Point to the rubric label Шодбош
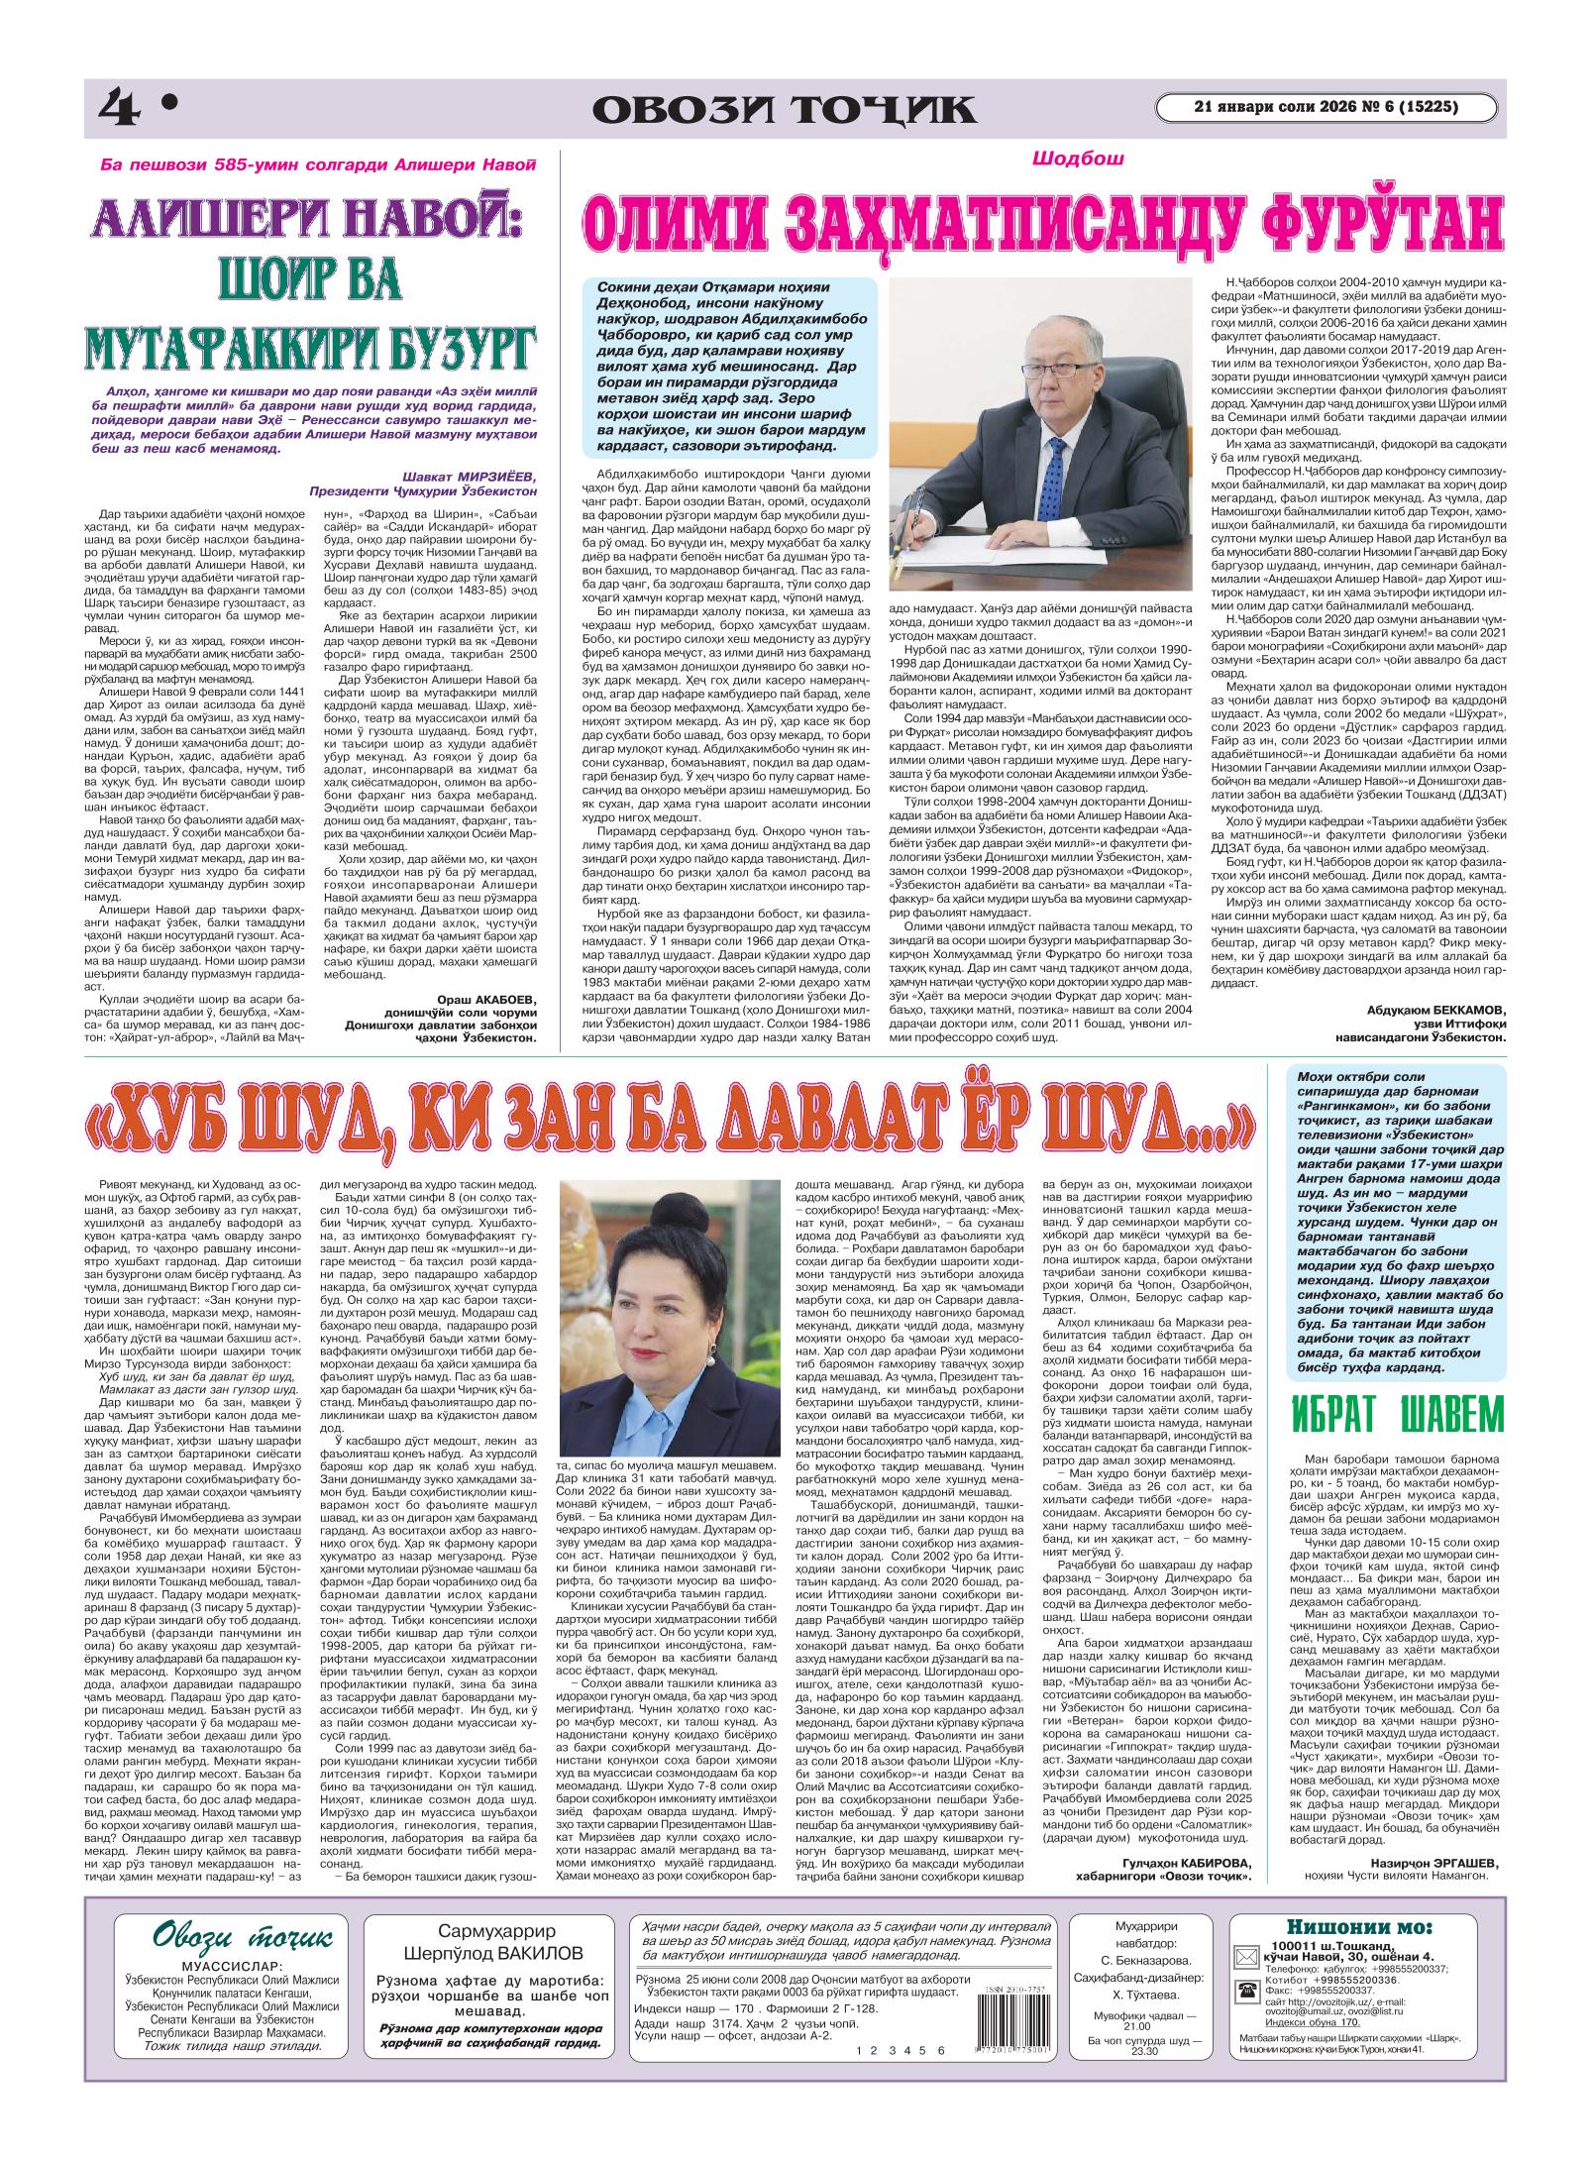tap(1066, 158)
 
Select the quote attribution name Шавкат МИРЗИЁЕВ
tap(473, 474)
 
